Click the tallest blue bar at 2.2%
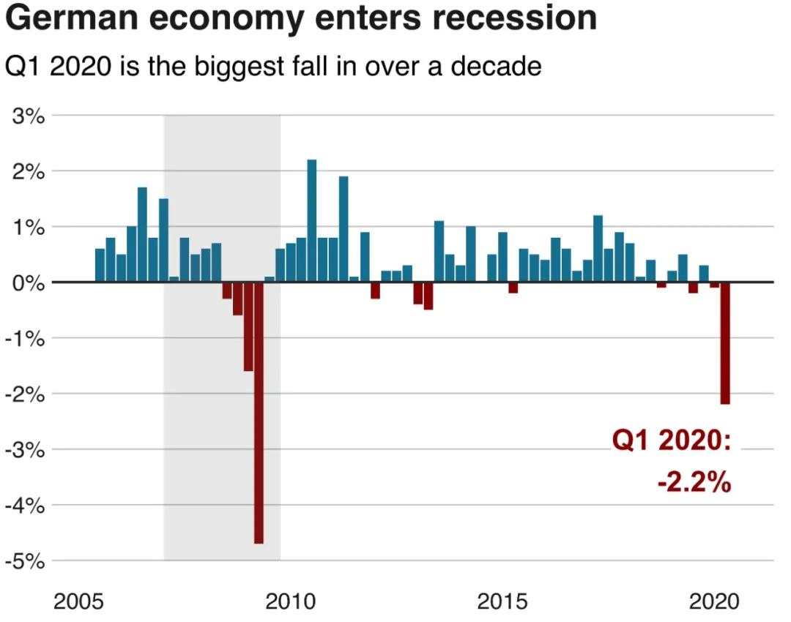[311, 220]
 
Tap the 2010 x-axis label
[291, 602]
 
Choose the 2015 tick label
[502, 602]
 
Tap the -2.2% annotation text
[694, 482]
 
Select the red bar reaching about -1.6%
[248, 326]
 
